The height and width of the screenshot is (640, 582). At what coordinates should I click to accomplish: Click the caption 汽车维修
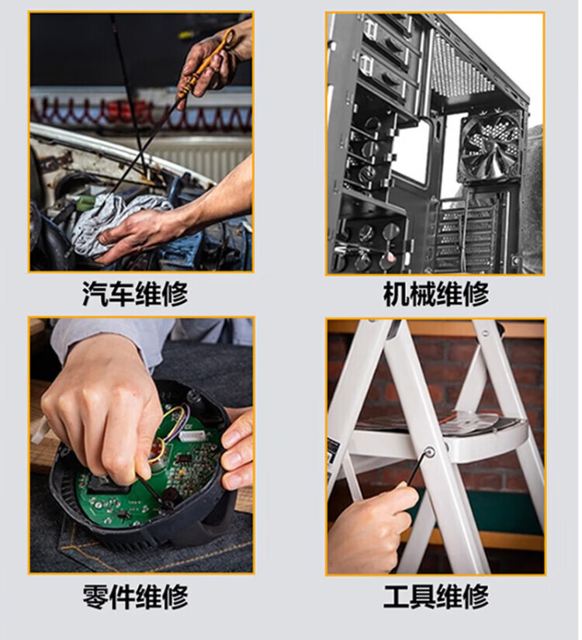pos(135,293)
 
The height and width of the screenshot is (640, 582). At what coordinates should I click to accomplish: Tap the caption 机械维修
pos(436,293)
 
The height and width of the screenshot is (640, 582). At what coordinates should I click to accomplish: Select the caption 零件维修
pos(135,597)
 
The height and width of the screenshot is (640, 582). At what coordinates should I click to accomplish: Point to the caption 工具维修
pos(436,597)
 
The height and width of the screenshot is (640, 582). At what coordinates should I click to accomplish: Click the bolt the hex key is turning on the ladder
pos(429,451)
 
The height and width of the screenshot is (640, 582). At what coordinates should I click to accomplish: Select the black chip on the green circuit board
pos(185,458)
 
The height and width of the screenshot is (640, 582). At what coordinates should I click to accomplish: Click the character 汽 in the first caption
pos(95,293)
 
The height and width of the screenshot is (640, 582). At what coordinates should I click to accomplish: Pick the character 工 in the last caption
pos(396,597)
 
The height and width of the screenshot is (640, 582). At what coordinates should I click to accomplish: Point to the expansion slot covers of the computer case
pos(466,237)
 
